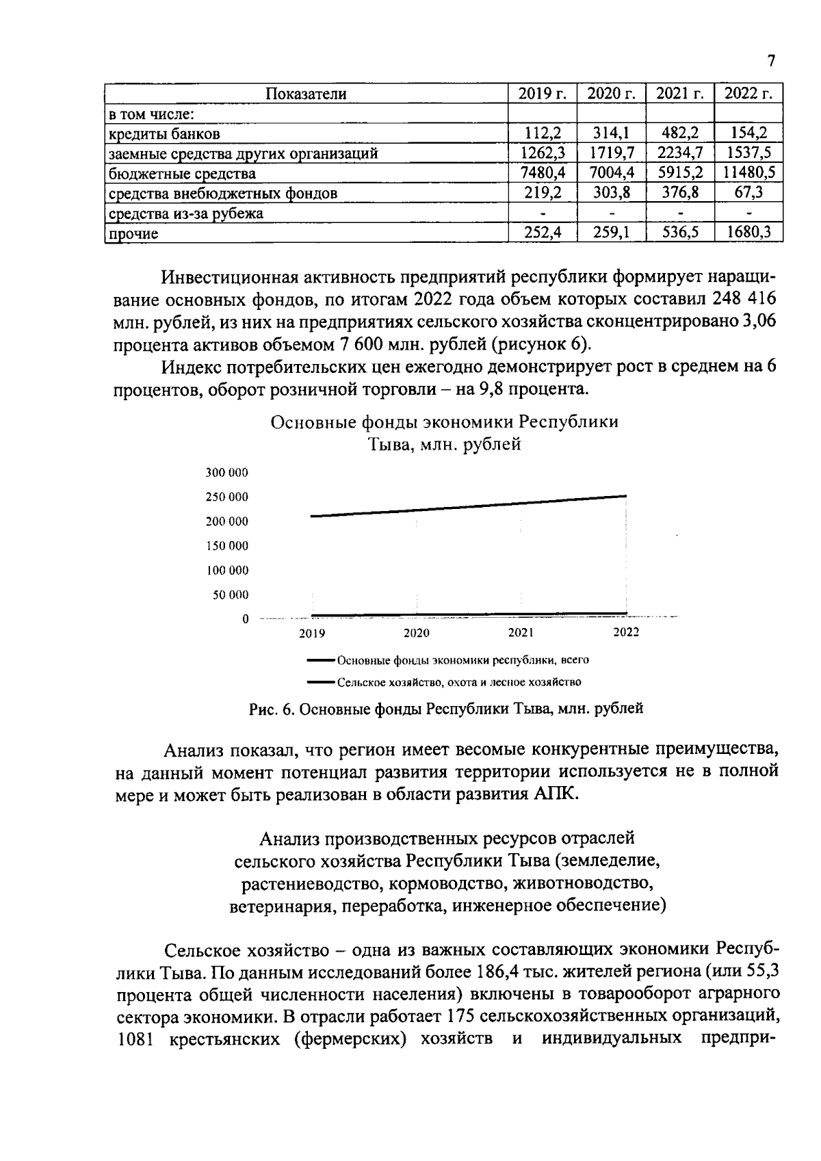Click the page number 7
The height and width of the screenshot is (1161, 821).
[x=771, y=61]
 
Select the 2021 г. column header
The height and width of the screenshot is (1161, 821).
[x=679, y=94]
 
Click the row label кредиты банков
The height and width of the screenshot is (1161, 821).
[x=164, y=134]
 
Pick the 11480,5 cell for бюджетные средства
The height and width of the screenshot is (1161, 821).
[x=748, y=173]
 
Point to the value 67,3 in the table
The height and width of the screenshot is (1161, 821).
[x=748, y=193]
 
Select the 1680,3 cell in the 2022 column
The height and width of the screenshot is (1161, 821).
[x=748, y=233]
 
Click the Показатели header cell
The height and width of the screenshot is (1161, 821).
[x=306, y=94]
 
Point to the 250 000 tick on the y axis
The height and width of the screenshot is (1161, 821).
[x=227, y=497]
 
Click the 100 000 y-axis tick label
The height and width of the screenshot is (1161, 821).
[x=227, y=570]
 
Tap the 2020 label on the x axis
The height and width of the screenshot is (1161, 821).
[x=416, y=633]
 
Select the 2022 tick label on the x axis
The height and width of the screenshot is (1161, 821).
[x=625, y=632]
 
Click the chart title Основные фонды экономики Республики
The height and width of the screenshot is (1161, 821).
[x=445, y=421]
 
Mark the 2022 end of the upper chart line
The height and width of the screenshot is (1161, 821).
[x=625, y=496]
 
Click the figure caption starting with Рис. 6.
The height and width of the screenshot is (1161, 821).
[x=445, y=709]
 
